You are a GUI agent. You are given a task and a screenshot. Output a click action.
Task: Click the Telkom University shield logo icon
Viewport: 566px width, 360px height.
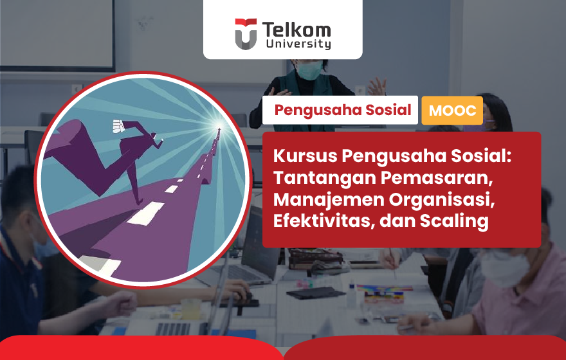tap(246, 33)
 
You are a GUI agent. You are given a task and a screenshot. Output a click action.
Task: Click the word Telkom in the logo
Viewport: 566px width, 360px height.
tap(297, 30)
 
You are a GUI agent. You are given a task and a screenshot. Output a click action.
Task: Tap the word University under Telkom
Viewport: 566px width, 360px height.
tap(298, 44)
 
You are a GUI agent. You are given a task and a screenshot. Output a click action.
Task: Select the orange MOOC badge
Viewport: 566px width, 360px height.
tap(452, 111)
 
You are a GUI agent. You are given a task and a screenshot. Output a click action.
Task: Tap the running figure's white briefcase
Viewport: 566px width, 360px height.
tap(118, 126)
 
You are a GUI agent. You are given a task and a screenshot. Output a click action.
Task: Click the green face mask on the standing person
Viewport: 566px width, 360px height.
tap(309, 69)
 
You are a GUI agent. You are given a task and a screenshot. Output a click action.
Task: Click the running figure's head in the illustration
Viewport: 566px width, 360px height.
tap(154, 136)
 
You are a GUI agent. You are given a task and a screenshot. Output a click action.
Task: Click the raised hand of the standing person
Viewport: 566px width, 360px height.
tap(377, 86)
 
